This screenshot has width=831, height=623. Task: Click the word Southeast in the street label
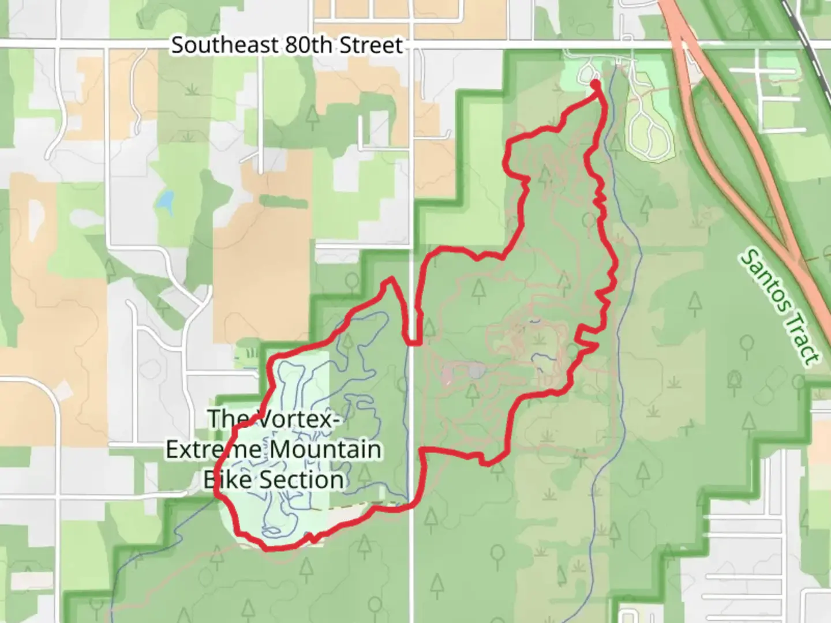click(x=219, y=45)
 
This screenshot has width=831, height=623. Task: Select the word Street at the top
click(x=370, y=45)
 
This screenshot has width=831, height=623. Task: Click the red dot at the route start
click(x=595, y=84)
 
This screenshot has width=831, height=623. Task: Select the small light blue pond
click(x=166, y=200)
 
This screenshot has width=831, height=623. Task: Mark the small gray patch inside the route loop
click(x=476, y=370)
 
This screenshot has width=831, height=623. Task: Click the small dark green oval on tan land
click(x=275, y=201)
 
